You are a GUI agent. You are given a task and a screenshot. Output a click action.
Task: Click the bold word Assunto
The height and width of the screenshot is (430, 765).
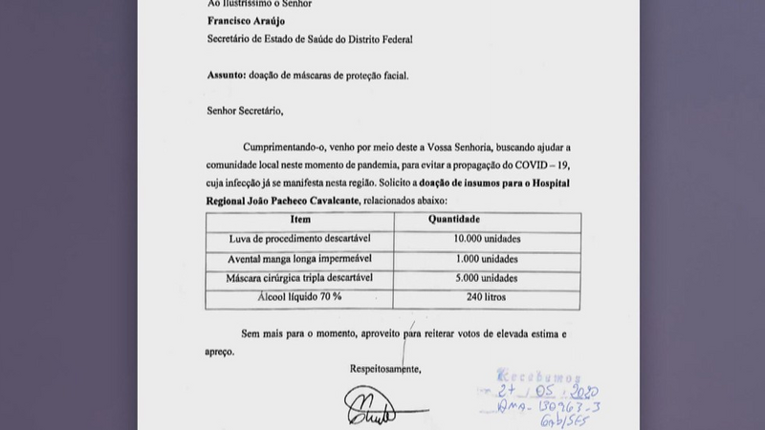pyautogui.click(x=226, y=75)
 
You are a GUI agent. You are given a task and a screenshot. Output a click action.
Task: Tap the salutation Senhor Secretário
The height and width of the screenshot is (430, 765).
pyautogui.click(x=246, y=111)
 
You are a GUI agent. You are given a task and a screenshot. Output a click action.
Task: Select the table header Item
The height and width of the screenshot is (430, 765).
pyautogui.click(x=300, y=219)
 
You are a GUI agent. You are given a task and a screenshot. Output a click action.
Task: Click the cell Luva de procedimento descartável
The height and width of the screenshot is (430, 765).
pyautogui.click(x=300, y=238)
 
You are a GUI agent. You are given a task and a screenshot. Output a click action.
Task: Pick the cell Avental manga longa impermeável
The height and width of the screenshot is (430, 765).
pyautogui.click(x=300, y=258)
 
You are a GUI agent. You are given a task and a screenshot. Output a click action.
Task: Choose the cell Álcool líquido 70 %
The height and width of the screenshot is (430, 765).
pyautogui.click(x=300, y=297)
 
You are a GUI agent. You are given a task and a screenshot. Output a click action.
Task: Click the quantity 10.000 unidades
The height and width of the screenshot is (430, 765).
pyautogui.click(x=488, y=238)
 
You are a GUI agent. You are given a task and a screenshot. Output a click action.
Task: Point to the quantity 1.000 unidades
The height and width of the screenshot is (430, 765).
pyautogui.click(x=488, y=258)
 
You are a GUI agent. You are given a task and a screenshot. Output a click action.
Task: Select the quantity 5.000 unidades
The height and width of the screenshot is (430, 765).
pyautogui.click(x=488, y=278)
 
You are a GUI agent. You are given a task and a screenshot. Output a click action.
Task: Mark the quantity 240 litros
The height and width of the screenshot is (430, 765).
pyautogui.click(x=488, y=297)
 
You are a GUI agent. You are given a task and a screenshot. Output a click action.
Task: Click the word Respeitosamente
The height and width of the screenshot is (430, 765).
pyautogui.click(x=385, y=368)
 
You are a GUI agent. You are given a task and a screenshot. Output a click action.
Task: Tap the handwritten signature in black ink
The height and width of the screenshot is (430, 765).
pyautogui.click(x=369, y=406)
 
